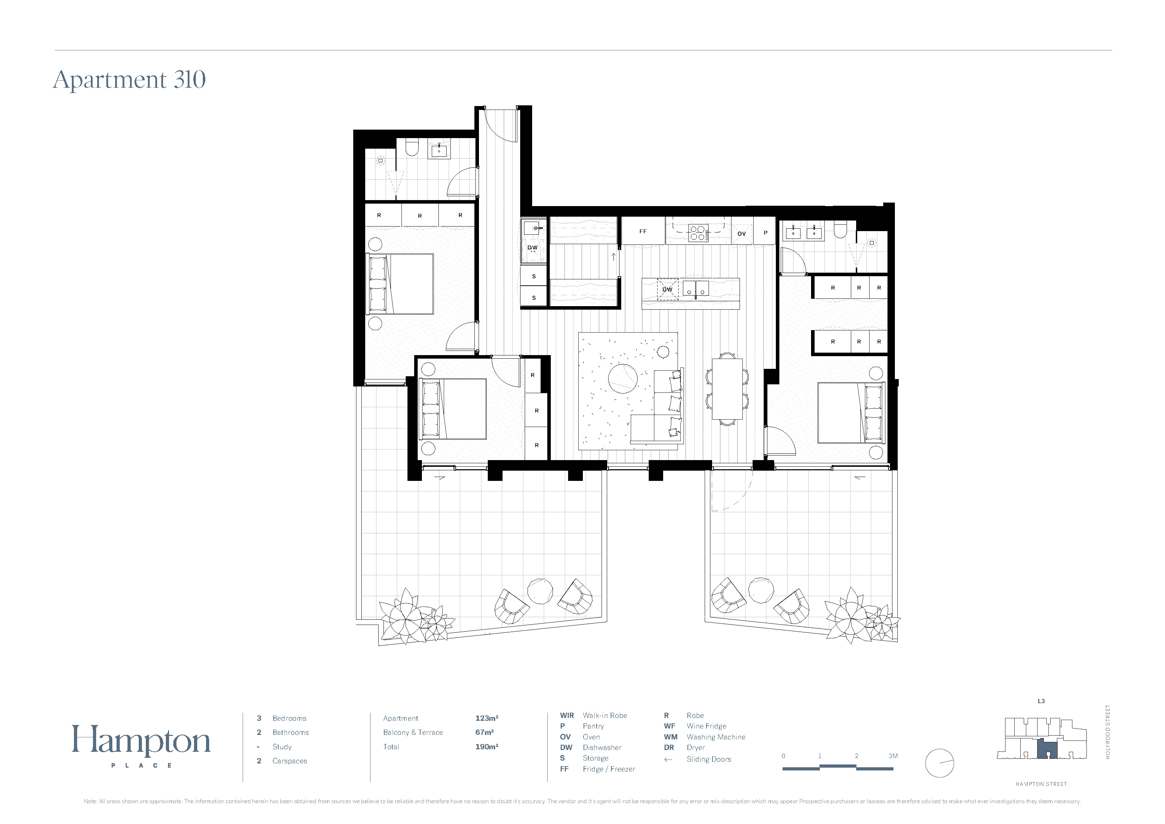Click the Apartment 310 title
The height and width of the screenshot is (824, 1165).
point(129,80)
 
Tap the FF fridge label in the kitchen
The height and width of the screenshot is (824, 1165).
point(643,231)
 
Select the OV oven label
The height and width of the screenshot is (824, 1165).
point(742,234)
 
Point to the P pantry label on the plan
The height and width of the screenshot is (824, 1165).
point(766,233)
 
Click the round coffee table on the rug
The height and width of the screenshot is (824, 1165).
point(623,378)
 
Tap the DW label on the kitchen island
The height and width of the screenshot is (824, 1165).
point(667,289)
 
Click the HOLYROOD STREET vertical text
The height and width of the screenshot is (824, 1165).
point(1108,732)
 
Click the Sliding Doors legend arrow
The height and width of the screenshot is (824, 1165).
point(668,760)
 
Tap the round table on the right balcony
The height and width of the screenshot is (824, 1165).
point(761,590)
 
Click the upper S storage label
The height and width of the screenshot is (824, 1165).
point(534,277)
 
